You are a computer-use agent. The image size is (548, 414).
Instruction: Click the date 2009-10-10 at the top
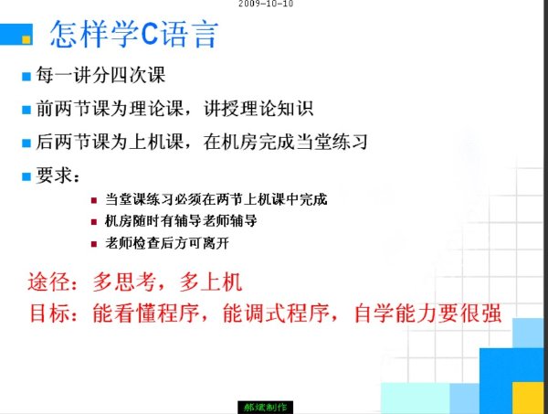click(x=266, y=4)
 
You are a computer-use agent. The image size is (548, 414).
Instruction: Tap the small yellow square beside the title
click(x=26, y=39)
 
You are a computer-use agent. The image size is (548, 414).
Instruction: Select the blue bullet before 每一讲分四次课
click(x=26, y=76)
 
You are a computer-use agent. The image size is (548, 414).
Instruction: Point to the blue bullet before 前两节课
click(x=26, y=110)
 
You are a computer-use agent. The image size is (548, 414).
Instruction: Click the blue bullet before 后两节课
click(x=26, y=143)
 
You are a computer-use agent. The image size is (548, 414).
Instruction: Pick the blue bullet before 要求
click(x=26, y=176)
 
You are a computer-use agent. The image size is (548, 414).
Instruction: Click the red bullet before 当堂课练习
click(x=94, y=200)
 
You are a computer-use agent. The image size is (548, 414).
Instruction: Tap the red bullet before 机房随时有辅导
click(x=94, y=222)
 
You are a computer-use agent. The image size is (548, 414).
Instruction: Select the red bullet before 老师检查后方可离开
click(x=94, y=244)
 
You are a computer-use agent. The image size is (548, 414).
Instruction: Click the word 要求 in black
click(x=54, y=175)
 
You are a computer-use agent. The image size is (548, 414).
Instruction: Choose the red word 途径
click(x=48, y=281)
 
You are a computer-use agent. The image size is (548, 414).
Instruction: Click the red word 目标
click(x=49, y=313)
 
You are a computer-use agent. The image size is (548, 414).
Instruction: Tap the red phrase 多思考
click(x=124, y=281)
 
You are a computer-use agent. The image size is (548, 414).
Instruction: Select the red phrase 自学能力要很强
click(x=428, y=313)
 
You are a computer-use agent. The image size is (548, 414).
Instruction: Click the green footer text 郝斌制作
click(x=265, y=408)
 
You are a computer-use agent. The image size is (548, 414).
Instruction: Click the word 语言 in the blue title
click(x=189, y=34)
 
